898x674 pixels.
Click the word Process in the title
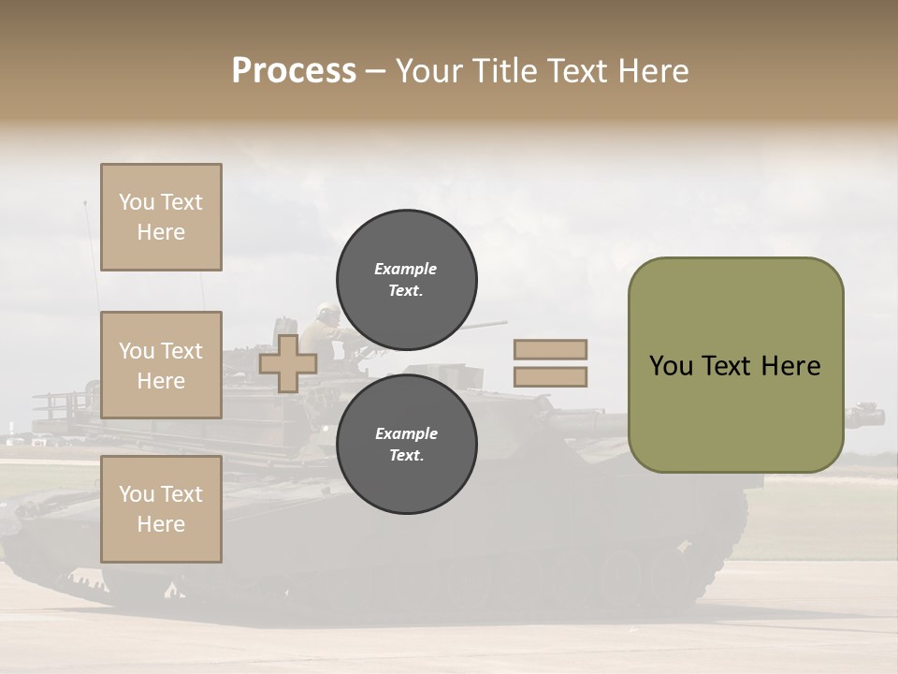point(294,71)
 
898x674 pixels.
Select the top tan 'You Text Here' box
point(161,217)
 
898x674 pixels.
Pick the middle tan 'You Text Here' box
point(161,365)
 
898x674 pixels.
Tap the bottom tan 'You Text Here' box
point(161,509)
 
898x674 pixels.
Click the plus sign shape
point(288,364)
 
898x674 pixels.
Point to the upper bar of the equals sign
point(550,349)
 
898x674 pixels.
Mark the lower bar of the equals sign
point(550,377)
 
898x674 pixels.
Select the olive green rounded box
point(735,365)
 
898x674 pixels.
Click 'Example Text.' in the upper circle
point(406,279)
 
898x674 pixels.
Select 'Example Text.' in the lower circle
point(406,445)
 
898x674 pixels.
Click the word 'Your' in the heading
point(428,71)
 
